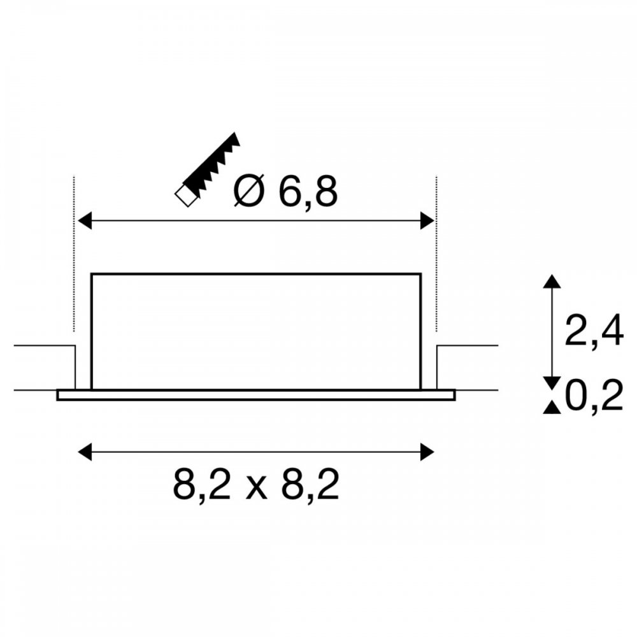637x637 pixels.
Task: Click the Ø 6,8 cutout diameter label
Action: [x=285, y=191]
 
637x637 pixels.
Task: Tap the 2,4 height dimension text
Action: [x=594, y=330]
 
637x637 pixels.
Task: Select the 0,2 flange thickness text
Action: [x=594, y=395]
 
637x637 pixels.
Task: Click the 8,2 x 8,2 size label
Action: [x=256, y=485]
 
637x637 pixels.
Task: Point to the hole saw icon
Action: [x=207, y=169]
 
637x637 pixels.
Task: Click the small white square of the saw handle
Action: [x=185, y=196]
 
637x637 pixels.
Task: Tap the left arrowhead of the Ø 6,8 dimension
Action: [x=85, y=220]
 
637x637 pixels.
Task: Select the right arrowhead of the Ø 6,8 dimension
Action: [x=427, y=220]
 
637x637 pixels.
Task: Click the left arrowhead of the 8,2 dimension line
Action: [x=85, y=452]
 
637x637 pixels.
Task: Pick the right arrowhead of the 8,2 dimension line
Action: [x=427, y=452]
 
